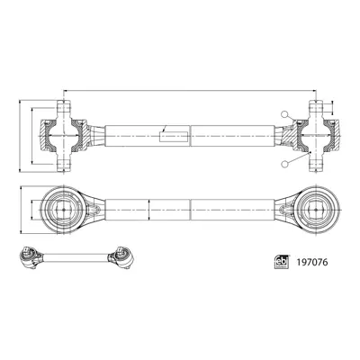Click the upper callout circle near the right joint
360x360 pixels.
[x=284, y=115]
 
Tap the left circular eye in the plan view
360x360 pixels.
[x=64, y=206]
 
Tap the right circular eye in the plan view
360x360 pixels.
[x=318, y=206]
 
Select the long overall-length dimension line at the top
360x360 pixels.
[x=191, y=89]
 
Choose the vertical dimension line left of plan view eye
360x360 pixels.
[x=34, y=206]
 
